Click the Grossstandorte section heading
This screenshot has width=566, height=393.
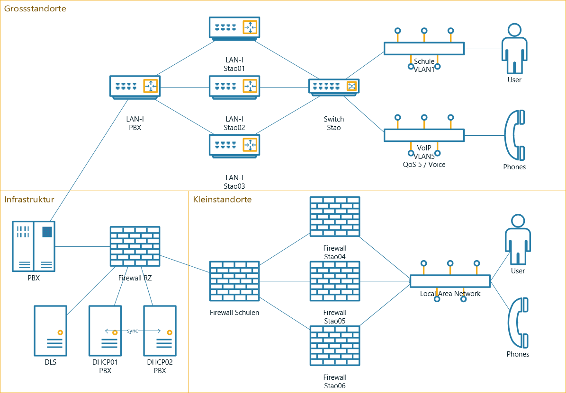35,9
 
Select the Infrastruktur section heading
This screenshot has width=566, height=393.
29,199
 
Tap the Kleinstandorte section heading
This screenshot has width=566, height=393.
222,199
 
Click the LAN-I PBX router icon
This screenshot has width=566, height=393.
135,87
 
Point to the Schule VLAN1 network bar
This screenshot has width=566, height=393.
424,49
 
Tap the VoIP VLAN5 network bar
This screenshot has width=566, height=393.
424,135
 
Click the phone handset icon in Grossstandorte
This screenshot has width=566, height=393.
514,135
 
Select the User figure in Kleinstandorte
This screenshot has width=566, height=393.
518,240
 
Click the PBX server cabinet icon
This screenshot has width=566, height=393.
34,246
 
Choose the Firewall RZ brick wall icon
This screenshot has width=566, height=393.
135,246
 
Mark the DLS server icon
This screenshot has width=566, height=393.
50,331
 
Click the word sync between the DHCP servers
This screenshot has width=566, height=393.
133,331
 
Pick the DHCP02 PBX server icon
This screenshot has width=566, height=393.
160,331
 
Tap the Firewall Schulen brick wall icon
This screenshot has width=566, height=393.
234,281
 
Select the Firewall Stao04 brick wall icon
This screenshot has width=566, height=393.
335,217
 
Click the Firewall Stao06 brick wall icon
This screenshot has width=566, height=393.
335,346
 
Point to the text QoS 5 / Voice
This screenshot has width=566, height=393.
424,165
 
